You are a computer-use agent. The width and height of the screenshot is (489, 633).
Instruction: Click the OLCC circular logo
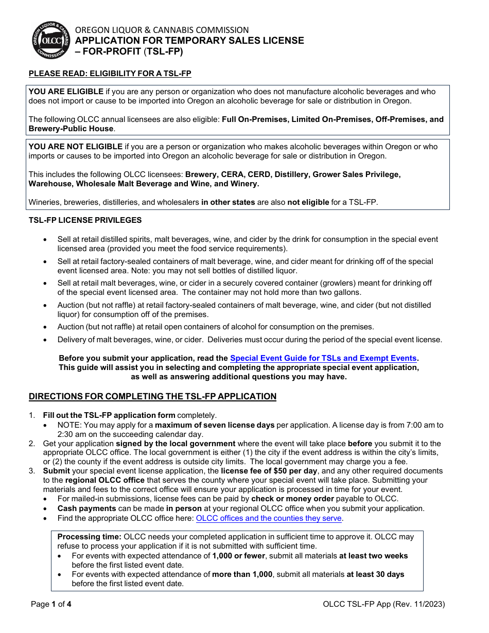click(51, 41)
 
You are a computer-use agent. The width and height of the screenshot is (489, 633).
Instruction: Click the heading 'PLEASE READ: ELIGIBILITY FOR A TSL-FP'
click(110, 74)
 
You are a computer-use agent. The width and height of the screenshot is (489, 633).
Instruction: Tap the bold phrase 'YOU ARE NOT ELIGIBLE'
click(75, 147)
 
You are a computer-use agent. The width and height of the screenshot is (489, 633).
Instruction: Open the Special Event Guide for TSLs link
click(323, 358)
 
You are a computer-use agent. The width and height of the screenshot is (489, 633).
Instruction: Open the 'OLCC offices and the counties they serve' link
click(269, 518)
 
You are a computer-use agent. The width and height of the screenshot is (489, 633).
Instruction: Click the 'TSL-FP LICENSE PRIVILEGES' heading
click(85, 220)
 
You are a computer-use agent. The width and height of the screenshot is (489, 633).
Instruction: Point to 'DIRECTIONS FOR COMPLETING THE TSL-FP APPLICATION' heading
click(152, 396)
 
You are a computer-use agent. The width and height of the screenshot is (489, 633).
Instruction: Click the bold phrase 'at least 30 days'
click(375, 574)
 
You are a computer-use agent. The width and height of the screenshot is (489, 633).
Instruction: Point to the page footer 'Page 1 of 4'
click(51, 604)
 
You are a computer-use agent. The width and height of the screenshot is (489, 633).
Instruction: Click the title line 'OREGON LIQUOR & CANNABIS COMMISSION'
click(162, 30)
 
